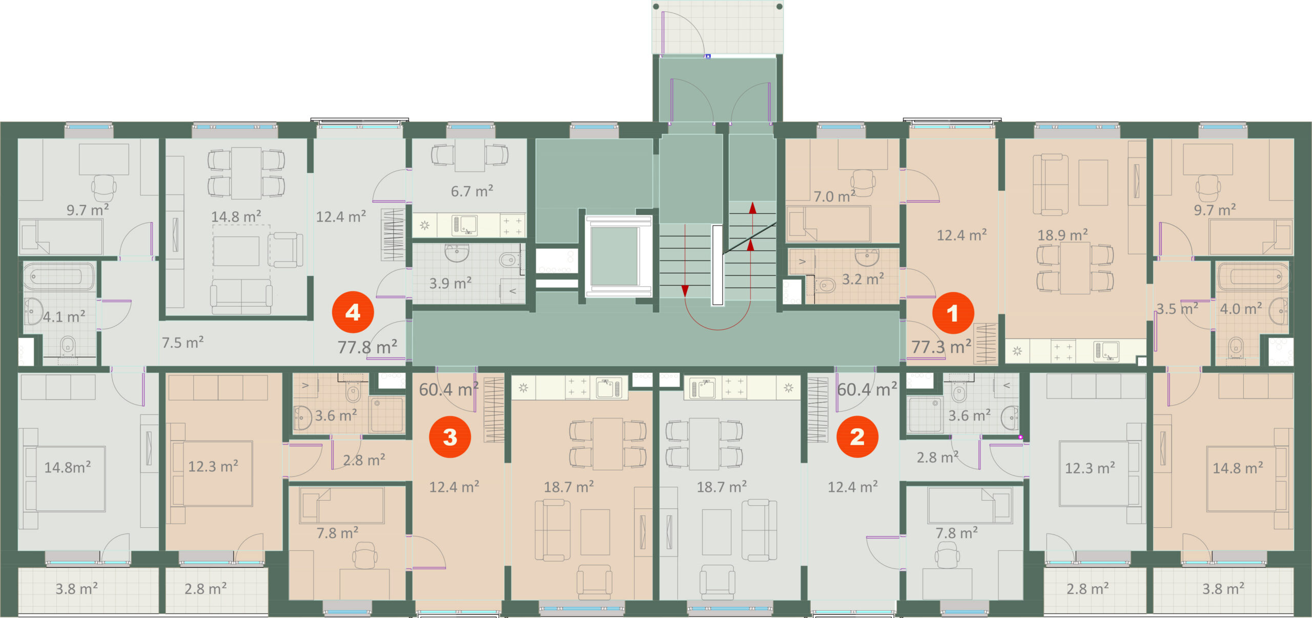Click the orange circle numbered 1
pos(953,312)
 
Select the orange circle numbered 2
pos(857,436)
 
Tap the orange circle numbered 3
pos(450,436)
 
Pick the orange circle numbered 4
pos(353,312)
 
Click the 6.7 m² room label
pos(472,191)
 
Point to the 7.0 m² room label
pos(834,196)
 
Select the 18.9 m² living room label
pos(1062,235)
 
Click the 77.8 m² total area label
pos(367,347)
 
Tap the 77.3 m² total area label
pos(941,347)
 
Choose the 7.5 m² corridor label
pos(182,342)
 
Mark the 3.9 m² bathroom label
pos(450,283)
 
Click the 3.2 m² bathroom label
pos(863,279)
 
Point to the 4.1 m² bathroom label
pos(64,316)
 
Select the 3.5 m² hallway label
pos(1177,309)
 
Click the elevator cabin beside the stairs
pos(618,256)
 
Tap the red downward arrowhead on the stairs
pos(685,291)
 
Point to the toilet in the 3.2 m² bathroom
pos(824,285)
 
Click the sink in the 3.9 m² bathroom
pos(456,253)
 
